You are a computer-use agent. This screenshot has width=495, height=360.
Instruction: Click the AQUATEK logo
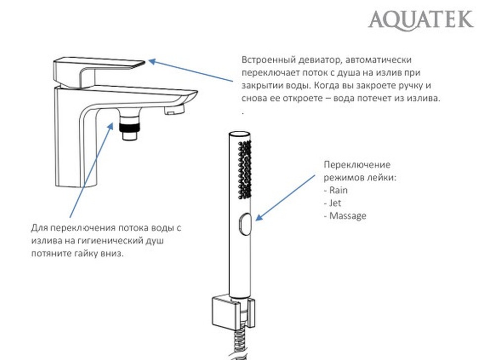(x=420, y=19)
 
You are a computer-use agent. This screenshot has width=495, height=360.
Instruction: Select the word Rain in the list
(x=339, y=190)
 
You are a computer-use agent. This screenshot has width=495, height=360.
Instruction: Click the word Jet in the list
(x=335, y=203)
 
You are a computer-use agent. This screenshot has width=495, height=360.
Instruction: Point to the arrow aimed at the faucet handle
(x=191, y=71)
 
